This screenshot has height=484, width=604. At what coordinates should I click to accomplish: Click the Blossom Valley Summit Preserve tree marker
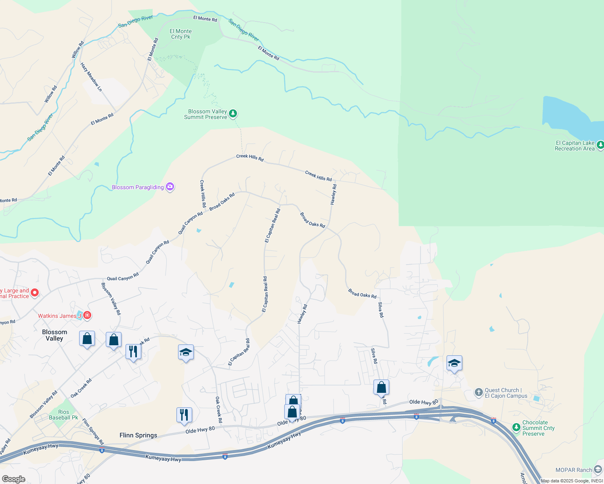pos(233,114)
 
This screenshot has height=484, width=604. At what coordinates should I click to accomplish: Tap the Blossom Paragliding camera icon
pos(170,187)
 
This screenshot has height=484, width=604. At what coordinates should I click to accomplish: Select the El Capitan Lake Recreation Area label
pos(575,146)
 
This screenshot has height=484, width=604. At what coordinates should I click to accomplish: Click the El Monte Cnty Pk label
pos(180,34)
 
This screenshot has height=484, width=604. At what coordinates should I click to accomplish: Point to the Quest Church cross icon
pos(478,392)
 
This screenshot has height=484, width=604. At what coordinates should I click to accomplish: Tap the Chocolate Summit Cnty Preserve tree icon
pos(516,427)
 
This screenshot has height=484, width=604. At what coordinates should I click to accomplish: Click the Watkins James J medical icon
pos(87,315)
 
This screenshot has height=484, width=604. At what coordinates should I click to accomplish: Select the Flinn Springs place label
pos(138,435)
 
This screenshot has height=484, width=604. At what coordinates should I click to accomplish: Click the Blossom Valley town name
pos(55,335)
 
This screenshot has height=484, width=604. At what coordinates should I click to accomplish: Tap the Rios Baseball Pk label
pos(63,415)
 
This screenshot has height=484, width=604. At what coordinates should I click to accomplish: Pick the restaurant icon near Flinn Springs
pos(184,415)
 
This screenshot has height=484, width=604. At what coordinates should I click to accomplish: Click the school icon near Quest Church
pos(454,363)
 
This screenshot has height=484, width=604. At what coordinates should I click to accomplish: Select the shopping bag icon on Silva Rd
pos(381,387)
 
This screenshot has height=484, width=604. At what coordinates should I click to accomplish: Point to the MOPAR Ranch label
pos(573,470)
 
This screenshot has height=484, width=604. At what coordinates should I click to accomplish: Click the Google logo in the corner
pos(13,479)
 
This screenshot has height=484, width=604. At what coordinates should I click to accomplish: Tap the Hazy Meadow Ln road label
pos(91,77)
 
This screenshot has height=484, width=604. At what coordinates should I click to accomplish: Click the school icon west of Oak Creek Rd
pos(186,352)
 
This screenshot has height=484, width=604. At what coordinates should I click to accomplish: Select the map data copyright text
pos(572,481)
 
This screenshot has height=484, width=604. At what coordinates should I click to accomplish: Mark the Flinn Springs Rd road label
pos(93,432)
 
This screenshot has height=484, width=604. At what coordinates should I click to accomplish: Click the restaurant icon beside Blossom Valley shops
pos(133,351)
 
